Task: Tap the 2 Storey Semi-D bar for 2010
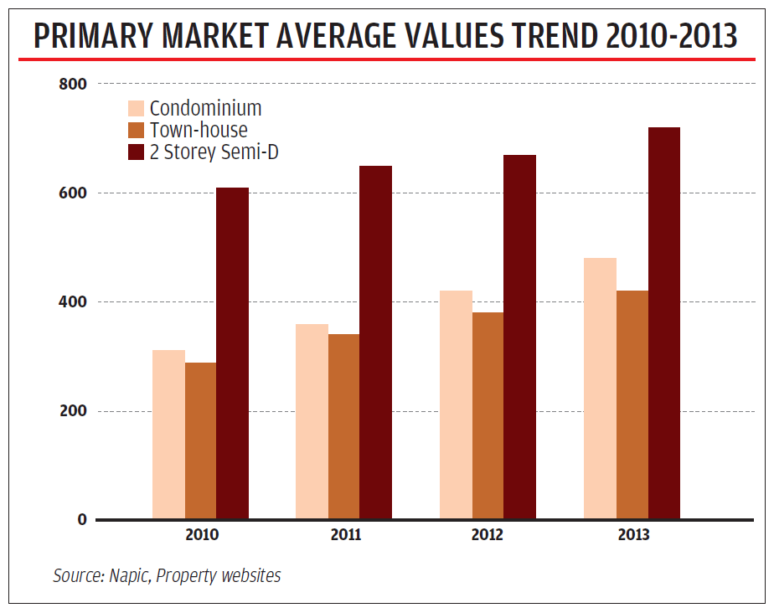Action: pyautogui.click(x=232, y=353)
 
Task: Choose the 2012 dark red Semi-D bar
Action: pyautogui.click(x=519, y=337)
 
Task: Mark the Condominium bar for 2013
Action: pyautogui.click(x=600, y=389)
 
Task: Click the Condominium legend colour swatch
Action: pyautogui.click(x=136, y=108)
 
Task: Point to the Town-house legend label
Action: pyautogui.click(x=199, y=130)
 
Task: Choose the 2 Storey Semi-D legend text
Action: pyautogui.click(x=214, y=152)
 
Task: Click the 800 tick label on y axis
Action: pyautogui.click(x=74, y=84)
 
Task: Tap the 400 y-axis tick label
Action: pyautogui.click(x=74, y=301)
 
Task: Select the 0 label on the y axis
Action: pyautogui.click(x=82, y=519)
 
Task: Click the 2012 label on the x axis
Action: pyautogui.click(x=488, y=535)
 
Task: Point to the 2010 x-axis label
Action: pyautogui.click(x=201, y=535)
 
